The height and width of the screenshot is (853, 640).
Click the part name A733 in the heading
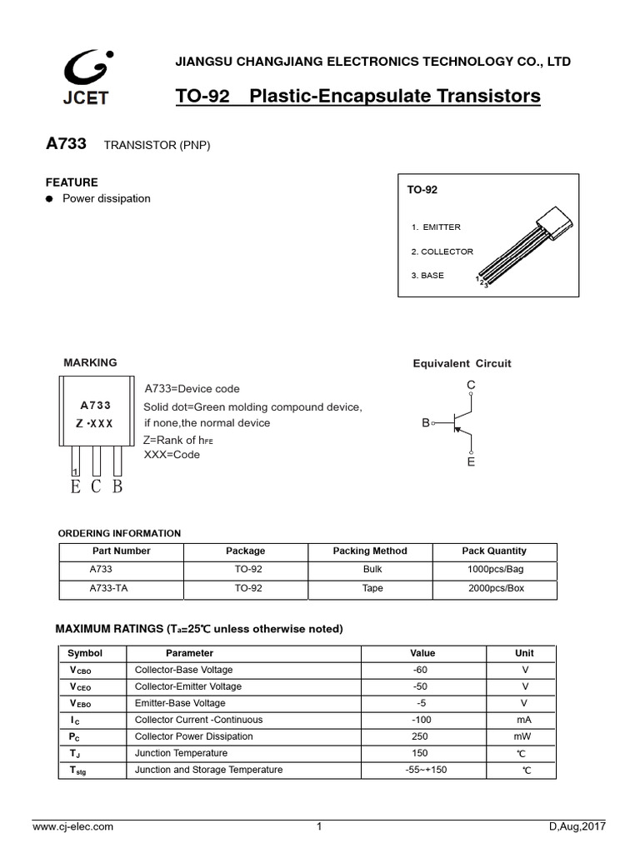66,145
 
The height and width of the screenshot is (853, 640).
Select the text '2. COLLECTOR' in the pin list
442,252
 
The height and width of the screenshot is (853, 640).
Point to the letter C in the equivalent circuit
471,385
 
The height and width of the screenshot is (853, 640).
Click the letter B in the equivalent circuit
425,423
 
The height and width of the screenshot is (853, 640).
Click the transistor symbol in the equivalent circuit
457,423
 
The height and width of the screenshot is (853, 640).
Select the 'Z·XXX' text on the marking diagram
95,423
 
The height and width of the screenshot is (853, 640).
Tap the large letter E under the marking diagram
76,486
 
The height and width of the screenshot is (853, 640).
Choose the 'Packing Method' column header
370,551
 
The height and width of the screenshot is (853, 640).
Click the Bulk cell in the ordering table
372,570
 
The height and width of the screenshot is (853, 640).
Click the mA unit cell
523,720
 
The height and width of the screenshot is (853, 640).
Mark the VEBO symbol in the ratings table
81,703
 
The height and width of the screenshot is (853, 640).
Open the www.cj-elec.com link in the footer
72,827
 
